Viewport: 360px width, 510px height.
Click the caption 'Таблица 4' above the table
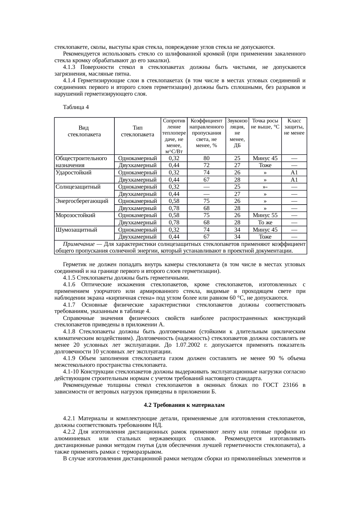[x=76, y=107]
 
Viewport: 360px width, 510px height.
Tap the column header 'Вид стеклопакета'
[x=84, y=131]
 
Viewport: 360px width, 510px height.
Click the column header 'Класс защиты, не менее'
[x=294, y=127]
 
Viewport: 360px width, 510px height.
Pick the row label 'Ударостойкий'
[x=73, y=172]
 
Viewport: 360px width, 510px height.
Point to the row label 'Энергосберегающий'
[x=82, y=201]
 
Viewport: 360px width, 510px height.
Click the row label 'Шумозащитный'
[x=76, y=230]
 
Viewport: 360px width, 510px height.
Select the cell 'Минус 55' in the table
[x=265, y=215]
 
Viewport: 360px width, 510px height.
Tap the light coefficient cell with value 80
[x=206, y=158]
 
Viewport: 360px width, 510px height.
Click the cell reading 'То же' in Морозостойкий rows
[x=265, y=223]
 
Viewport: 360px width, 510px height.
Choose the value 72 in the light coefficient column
[x=206, y=165]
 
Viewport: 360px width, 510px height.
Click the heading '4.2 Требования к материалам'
[x=184, y=405]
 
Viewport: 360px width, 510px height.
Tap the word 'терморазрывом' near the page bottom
[x=144, y=452]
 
